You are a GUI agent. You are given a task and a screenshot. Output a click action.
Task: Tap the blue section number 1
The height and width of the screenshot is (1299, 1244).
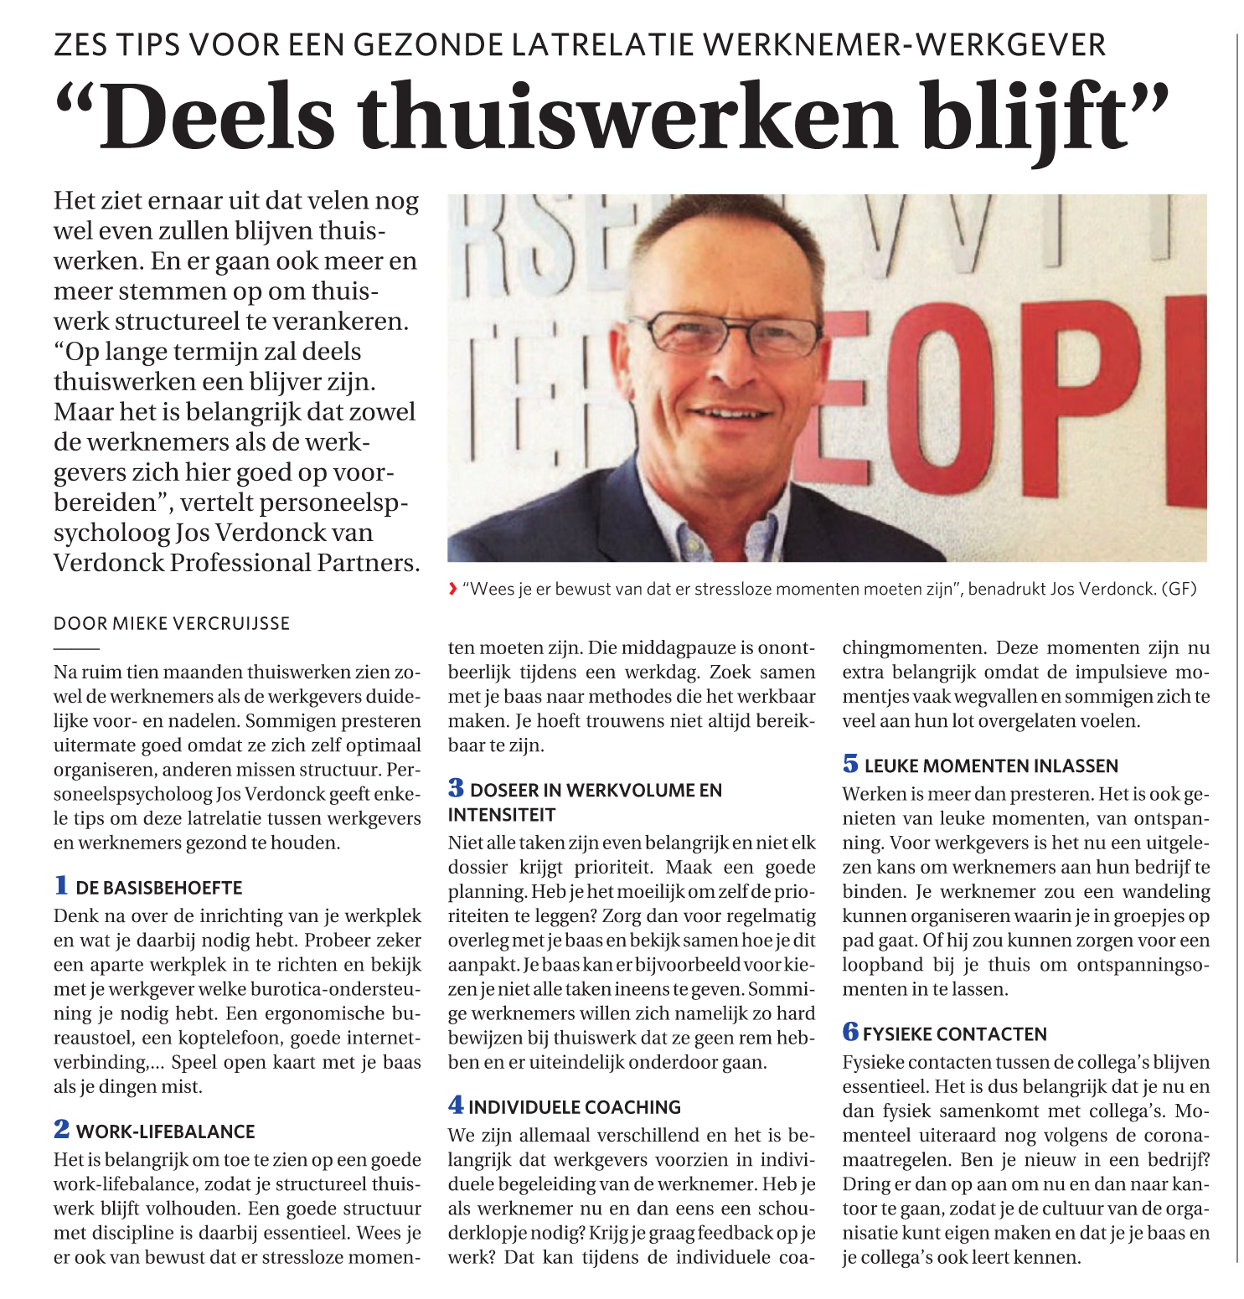[61, 885]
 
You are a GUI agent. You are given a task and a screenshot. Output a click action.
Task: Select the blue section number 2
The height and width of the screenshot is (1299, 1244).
[62, 1129]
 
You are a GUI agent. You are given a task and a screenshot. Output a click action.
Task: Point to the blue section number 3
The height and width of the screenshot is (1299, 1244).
[456, 788]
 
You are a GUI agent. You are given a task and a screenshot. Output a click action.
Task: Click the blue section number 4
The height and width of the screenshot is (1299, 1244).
[456, 1105]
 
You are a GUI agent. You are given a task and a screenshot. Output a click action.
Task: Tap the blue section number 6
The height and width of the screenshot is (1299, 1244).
[850, 1032]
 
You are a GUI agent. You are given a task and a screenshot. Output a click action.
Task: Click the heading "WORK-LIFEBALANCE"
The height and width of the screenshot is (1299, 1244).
[165, 1131]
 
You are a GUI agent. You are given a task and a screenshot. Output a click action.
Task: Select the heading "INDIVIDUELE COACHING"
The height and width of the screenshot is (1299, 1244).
[574, 1107]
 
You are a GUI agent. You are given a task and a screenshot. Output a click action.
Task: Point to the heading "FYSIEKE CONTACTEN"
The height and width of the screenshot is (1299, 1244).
[954, 1034]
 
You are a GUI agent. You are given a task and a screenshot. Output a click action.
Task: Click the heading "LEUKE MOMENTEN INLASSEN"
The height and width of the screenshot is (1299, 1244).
[991, 765]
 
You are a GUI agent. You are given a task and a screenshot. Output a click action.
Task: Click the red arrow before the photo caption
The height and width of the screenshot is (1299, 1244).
[453, 589]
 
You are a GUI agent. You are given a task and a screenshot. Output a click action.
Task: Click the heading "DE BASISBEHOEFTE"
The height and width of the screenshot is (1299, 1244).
[159, 888]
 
